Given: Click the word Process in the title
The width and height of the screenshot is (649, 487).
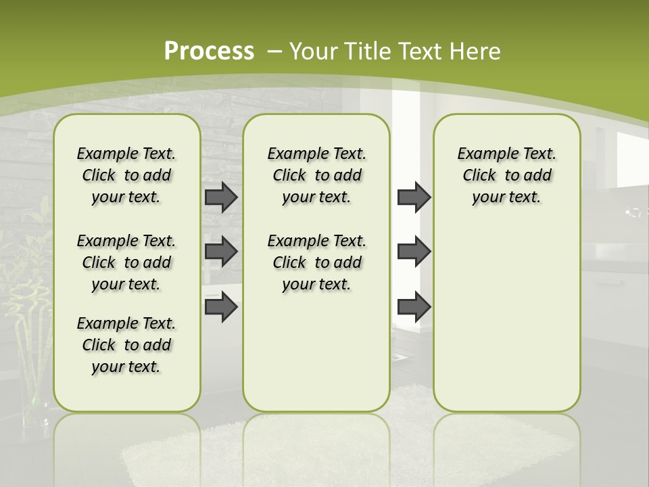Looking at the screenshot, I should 209,51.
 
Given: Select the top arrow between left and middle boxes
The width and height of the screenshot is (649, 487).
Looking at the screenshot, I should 221,197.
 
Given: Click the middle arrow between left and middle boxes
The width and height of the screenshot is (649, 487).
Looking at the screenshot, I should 221,252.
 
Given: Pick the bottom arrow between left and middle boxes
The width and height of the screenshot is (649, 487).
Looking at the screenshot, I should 221,306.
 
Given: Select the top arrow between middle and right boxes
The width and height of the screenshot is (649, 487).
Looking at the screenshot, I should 414,197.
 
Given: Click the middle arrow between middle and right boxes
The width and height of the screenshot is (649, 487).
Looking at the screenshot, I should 414,252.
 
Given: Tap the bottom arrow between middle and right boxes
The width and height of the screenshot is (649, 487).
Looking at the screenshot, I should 414,306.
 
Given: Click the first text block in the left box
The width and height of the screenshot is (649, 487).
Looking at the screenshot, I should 126,175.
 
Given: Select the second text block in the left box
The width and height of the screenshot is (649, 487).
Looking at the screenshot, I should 126,262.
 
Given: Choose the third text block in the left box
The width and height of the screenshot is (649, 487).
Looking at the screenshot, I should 126,345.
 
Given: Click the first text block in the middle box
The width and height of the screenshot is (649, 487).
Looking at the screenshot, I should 316,175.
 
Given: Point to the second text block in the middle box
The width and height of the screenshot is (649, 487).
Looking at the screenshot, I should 316,262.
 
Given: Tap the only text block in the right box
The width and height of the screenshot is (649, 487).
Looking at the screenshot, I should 506,175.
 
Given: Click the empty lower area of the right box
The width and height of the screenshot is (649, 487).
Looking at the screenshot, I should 506,318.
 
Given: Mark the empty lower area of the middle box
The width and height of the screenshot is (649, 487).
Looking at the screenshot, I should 316,352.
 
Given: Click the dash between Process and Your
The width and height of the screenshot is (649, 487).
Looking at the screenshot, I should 275,51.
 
